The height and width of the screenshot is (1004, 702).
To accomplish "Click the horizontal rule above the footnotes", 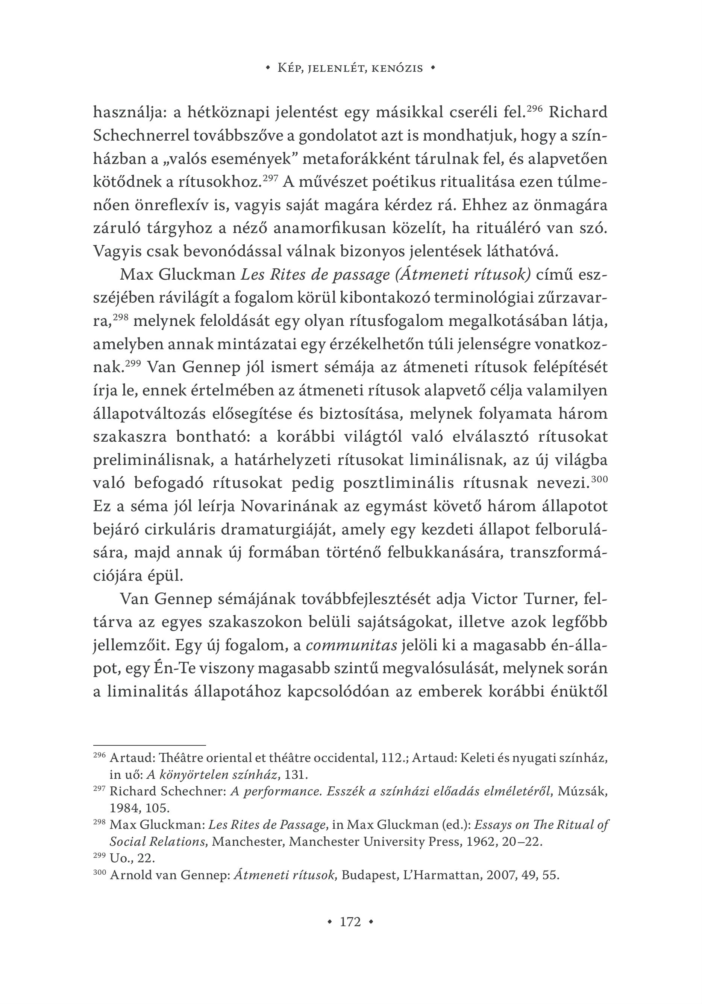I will click(149, 745).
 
